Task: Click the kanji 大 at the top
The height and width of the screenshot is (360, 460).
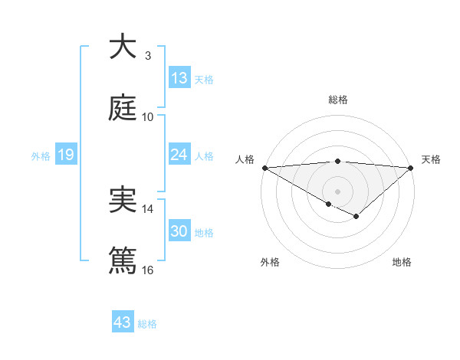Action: point(123,47)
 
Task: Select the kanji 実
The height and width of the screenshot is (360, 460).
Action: point(123,200)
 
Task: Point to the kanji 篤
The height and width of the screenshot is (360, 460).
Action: point(123,260)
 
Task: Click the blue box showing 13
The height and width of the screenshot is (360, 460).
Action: point(179,78)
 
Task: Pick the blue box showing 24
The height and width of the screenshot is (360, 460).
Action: point(179,155)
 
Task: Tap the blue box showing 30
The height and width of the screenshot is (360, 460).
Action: point(179,231)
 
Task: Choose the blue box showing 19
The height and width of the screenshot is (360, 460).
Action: point(65,155)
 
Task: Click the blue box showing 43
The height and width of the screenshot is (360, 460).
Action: point(122,322)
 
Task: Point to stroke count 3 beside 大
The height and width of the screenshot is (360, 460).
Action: point(148,56)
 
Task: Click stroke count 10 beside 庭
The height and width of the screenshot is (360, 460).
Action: point(148,116)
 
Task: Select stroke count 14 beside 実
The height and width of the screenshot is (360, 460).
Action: point(148,208)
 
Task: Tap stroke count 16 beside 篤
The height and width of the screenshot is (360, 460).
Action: point(148,270)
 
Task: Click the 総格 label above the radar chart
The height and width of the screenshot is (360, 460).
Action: point(337,100)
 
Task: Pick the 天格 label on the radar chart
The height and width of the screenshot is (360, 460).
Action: point(431,159)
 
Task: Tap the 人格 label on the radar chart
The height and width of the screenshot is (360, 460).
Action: point(245,159)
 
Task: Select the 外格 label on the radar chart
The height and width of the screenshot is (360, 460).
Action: point(270,262)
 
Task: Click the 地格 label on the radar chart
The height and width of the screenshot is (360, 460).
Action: point(402,262)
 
